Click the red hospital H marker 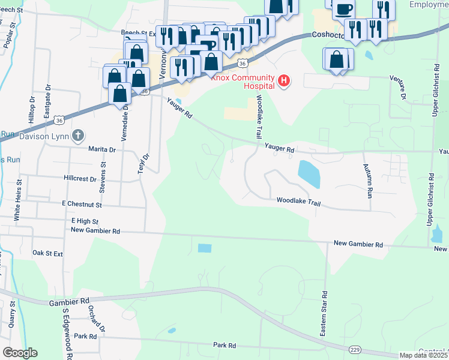pos(284,80)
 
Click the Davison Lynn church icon pos(77,136)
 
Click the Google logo pos(20,353)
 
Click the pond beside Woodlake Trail pos(309,174)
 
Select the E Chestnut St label pos(82,205)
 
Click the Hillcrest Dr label pos(80,179)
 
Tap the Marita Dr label pos(101,149)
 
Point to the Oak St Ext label pos(47,254)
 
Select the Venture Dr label pos(399,88)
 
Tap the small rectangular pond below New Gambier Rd pos(205,248)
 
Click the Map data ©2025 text pos(424,355)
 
